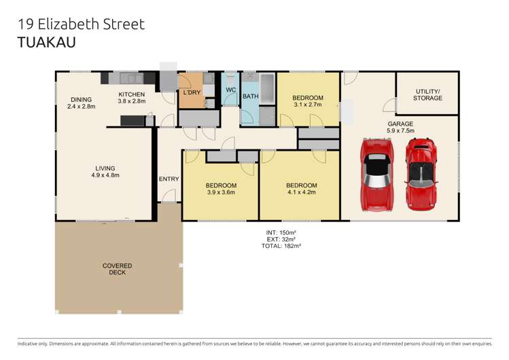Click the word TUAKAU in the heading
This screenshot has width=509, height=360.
click(46, 43)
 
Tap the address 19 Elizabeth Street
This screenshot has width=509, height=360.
click(81, 24)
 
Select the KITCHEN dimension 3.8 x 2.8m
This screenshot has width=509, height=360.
click(132, 101)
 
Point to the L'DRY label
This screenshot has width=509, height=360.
click(191, 92)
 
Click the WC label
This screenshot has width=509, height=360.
click(230, 90)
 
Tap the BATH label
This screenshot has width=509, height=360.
click(251, 96)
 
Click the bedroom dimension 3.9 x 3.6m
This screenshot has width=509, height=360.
click(222, 192)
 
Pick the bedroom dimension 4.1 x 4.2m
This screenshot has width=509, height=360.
click(301, 192)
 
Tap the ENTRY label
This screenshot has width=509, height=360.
click(169, 179)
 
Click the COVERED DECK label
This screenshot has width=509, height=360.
click(118, 270)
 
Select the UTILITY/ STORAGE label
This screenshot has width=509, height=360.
click(427, 94)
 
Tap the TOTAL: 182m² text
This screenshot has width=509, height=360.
click(281, 246)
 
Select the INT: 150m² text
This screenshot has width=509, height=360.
click(281, 232)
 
